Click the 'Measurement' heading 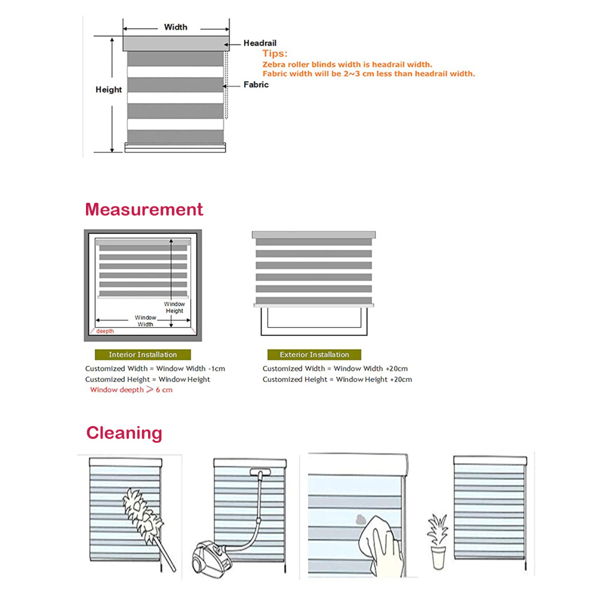pos(144,209)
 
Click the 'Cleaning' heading pos(124,433)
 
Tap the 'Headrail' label pos(260,43)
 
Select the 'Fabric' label pos(256,85)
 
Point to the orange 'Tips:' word pos(274,54)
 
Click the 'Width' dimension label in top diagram pos(175,27)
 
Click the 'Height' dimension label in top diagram pos(108,90)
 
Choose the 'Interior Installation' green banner pos(143,354)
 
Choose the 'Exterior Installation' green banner pos(314,354)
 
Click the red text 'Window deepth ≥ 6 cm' pos(131,390)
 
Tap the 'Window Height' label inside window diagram pos(174,307)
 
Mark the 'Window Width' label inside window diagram pos(145,321)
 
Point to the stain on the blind pos(359,518)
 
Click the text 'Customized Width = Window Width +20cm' pos(335,368)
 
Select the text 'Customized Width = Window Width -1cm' pos(155,368)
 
